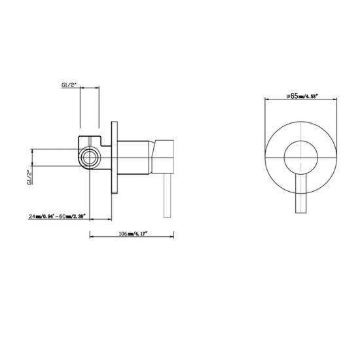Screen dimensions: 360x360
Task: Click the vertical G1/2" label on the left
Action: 29,177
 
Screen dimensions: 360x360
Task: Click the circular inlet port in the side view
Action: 88,157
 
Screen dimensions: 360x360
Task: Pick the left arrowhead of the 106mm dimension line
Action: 90,236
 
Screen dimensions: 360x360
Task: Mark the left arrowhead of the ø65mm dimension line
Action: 266,101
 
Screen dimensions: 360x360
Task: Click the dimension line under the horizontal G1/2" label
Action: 89,91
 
